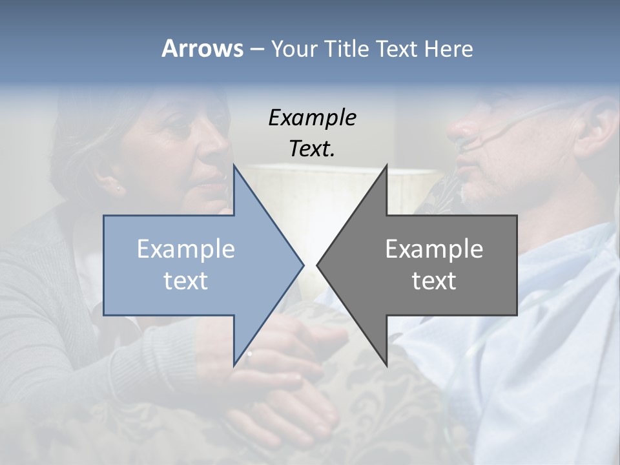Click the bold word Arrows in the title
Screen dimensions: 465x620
[202, 49]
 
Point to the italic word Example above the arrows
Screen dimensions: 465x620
[312, 118]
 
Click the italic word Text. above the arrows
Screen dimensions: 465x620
[312, 149]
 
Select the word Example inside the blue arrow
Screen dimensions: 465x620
[186, 249]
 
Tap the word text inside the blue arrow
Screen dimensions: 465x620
[186, 281]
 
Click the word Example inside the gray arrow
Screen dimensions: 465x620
[434, 249]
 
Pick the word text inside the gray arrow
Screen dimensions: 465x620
[434, 281]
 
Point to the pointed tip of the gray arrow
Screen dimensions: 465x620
[318, 265]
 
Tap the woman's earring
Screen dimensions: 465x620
[119, 189]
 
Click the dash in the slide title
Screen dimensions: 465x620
[256, 49]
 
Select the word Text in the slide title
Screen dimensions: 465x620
[397, 49]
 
